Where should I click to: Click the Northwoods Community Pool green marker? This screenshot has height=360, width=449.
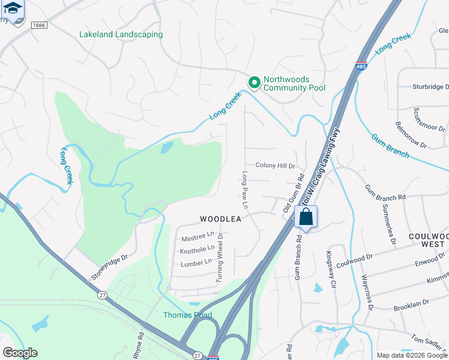[x=254, y=82]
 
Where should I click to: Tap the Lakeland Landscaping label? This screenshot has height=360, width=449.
[x=121, y=34]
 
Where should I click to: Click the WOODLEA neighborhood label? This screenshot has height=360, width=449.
[x=220, y=219]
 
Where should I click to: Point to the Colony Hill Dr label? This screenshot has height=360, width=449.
[x=276, y=166]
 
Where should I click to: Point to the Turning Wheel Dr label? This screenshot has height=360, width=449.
[x=220, y=259]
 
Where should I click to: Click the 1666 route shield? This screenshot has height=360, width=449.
[x=39, y=25]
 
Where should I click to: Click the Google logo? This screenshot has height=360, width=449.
[x=20, y=353]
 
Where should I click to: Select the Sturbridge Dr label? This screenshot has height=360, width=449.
[x=430, y=87]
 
